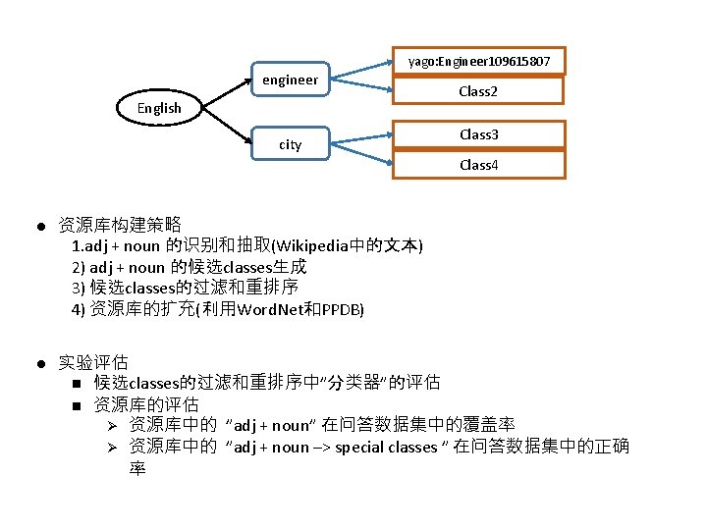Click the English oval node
click(159, 108)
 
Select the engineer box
click(290, 80)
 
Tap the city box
click(290, 144)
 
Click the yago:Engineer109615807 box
click(479, 62)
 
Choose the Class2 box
click(479, 91)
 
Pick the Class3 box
click(479, 134)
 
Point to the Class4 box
click(479, 164)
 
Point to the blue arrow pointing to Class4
click(361, 153)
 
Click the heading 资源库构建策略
click(120, 225)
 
